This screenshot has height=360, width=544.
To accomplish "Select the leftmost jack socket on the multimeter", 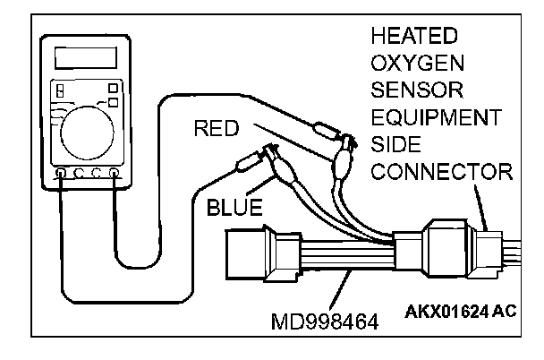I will click(60, 172).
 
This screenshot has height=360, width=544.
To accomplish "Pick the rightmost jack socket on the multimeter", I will click(115, 172).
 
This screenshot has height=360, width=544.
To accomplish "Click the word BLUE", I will click(234, 209).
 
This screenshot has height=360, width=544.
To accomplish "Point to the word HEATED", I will click(414, 37).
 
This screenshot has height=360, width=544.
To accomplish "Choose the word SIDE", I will click(399, 144).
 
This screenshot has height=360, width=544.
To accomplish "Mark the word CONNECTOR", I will click(438, 171).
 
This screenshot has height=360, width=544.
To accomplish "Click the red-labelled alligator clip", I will click(341, 167).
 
